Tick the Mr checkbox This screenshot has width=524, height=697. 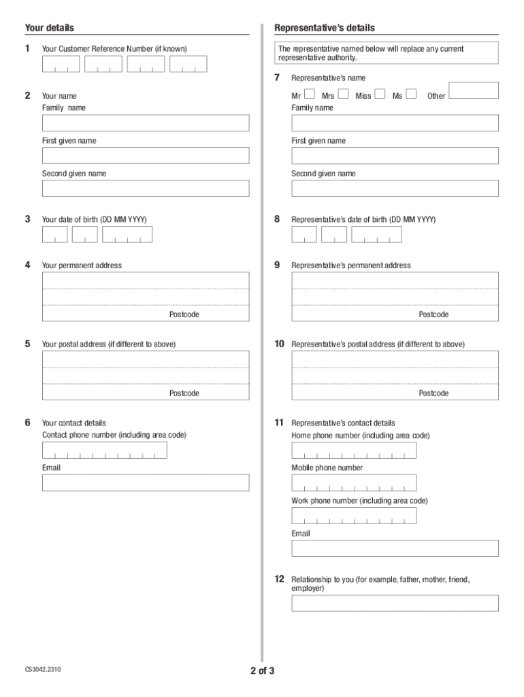pos(309,94)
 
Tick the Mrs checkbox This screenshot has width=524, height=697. pos(343,94)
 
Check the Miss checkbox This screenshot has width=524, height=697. pos(380,94)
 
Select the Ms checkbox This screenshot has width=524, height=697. pos(411,94)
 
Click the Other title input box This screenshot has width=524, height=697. pos(474,91)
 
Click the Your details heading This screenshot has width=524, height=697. pos(50,28)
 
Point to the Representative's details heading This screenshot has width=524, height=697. pos(324,28)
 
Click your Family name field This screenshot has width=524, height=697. pos(146,123)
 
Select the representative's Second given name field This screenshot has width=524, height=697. pos(395,189)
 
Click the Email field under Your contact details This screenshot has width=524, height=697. pos(146,483)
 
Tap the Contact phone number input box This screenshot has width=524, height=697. pos(104,451)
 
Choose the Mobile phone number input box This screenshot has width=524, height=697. pos(354,483)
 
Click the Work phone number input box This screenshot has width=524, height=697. pos(354,516)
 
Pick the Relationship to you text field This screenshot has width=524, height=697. pos(395,603)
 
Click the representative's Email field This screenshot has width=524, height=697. pos(395,549)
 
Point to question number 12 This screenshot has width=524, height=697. pos(279,579)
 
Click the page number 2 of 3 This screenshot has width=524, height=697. pos(262,671)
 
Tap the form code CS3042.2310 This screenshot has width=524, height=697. pos(43,670)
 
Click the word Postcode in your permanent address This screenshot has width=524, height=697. pos(184,314)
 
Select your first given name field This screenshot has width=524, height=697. pos(146,156)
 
